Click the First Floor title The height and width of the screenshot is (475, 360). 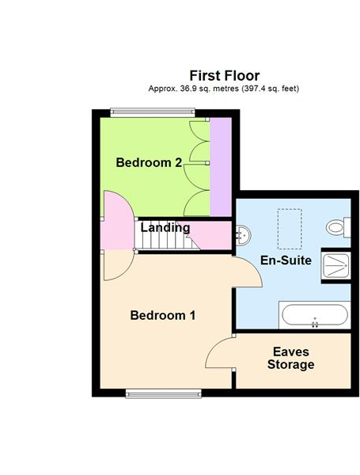(x=224, y=75)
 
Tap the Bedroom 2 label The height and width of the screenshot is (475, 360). (x=149, y=163)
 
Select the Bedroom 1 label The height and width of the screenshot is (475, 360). (x=162, y=315)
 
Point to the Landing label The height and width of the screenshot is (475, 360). (x=165, y=228)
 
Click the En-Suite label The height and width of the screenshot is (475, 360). (x=286, y=260)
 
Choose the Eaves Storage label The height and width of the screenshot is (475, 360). (x=290, y=358)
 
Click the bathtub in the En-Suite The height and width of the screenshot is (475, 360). (x=315, y=316)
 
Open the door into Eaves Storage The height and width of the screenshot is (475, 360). (x=221, y=353)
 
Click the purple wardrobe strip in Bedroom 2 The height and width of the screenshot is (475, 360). (x=220, y=167)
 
